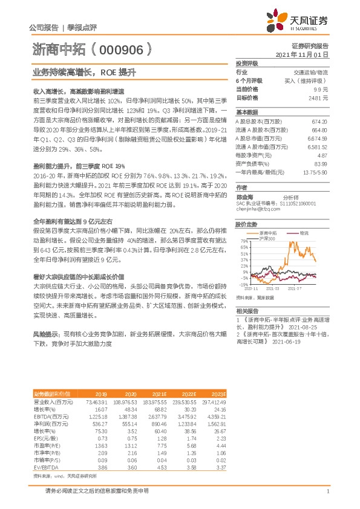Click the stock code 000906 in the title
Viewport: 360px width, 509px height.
pos(121,48)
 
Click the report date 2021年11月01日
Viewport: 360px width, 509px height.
pos(301,54)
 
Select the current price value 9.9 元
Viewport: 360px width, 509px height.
pos(322,89)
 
